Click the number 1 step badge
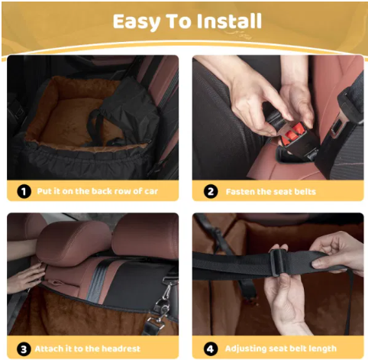[23, 191]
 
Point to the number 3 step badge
[23, 348]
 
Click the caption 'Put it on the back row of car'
[96, 191]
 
